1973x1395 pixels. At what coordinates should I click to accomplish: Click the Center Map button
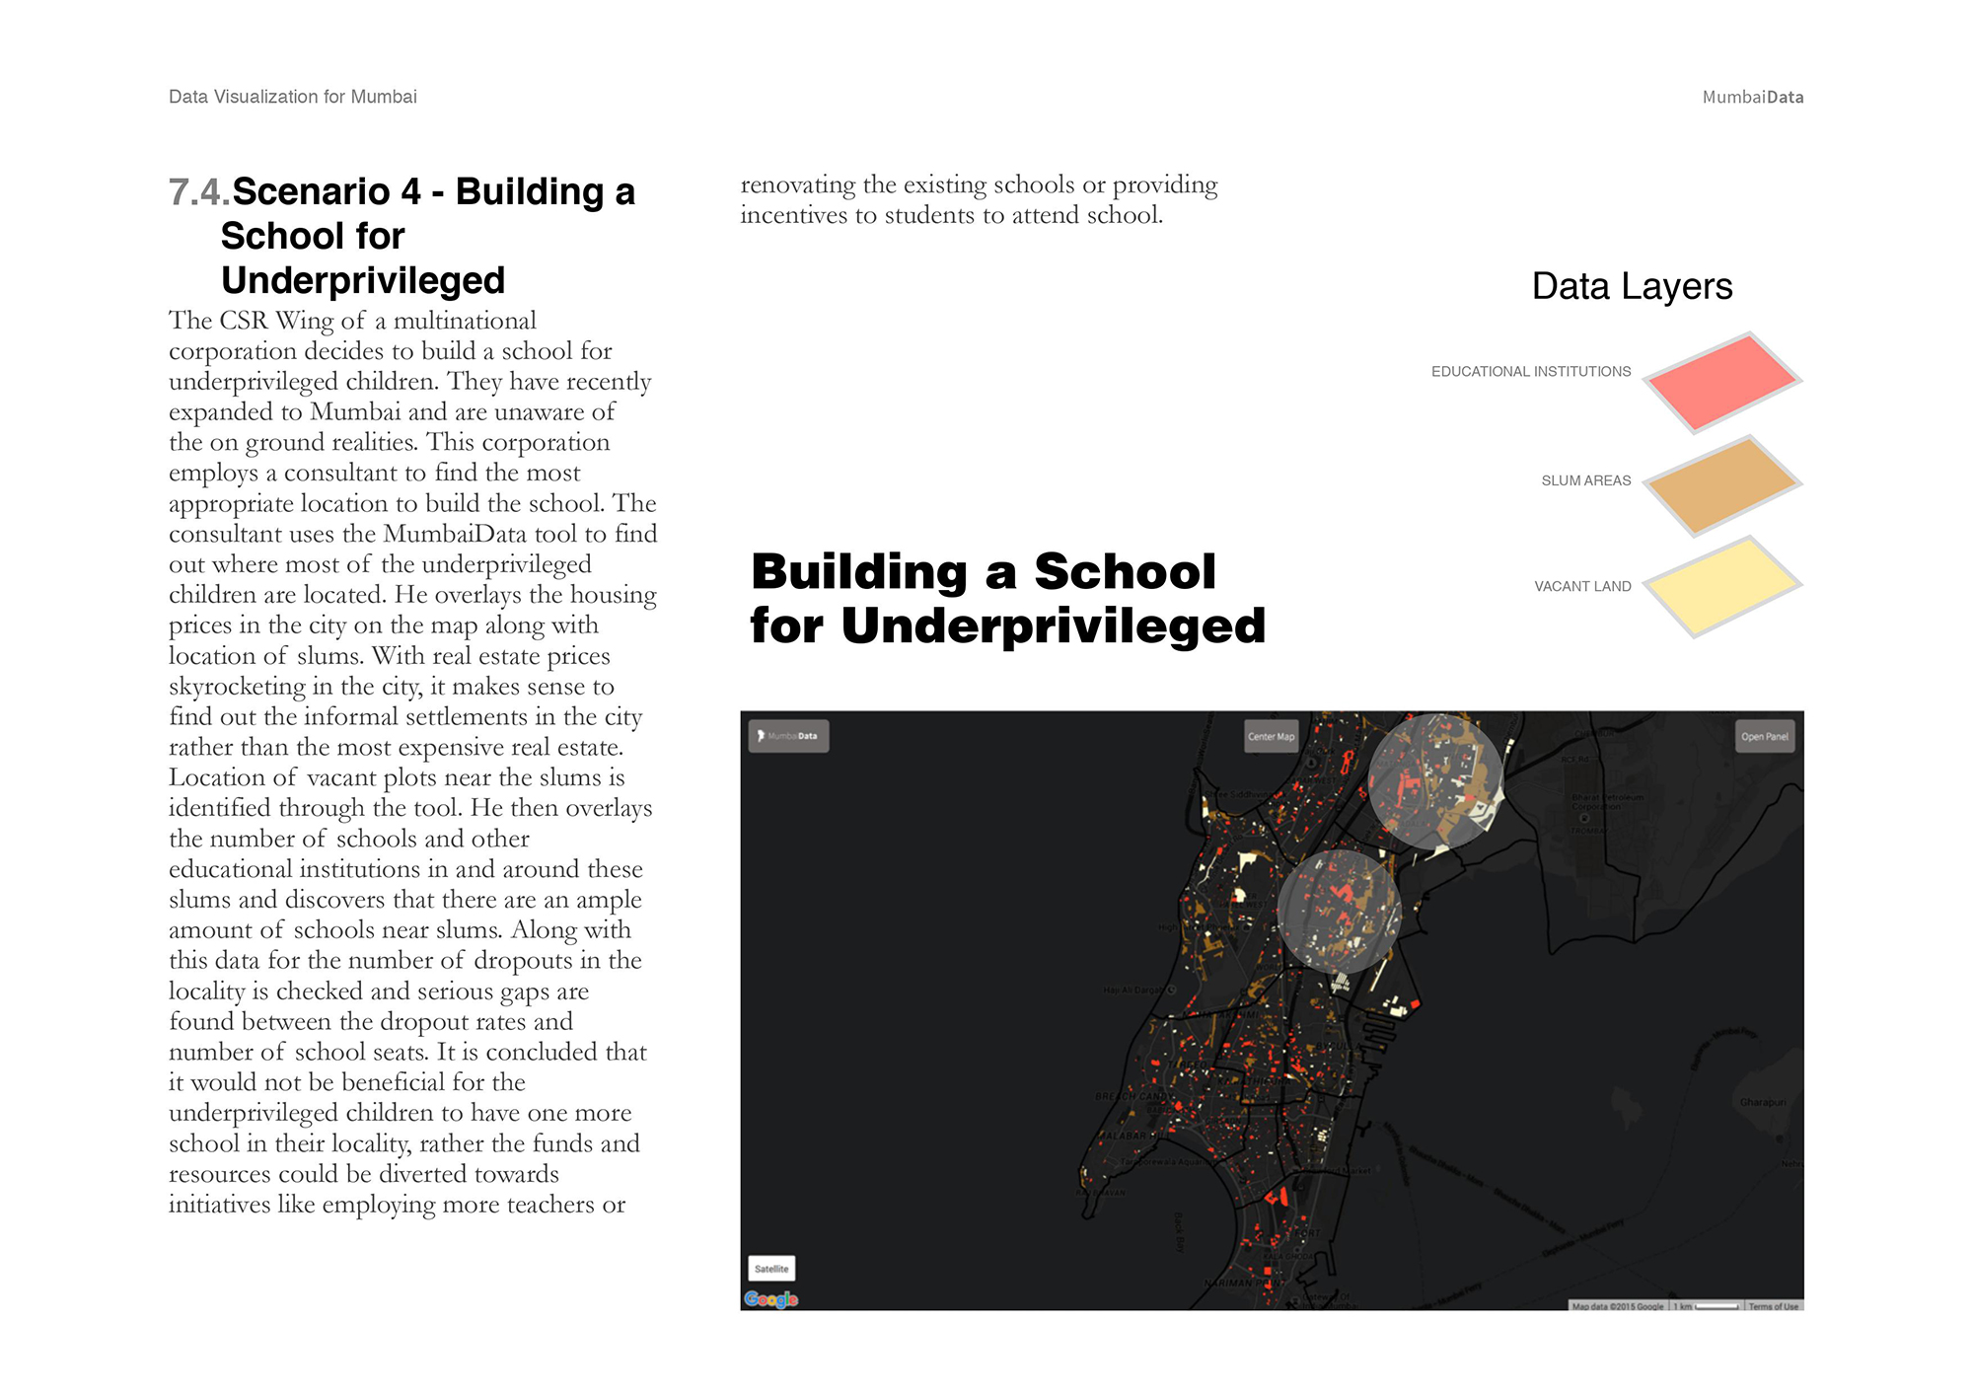pyautogui.click(x=1271, y=736)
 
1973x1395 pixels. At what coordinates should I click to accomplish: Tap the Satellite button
pyautogui.click(x=771, y=1269)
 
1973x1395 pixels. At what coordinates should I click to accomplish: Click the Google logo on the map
pyautogui.click(x=770, y=1299)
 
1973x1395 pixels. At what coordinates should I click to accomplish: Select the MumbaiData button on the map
pyautogui.click(x=788, y=736)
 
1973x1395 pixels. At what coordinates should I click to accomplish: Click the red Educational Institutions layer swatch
pyautogui.click(x=1722, y=383)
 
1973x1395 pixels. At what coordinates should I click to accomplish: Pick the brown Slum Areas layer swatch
pyautogui.click(x=1722, y=485)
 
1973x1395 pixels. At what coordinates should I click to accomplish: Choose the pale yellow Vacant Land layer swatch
pyautogui.click(x=1722, y=587)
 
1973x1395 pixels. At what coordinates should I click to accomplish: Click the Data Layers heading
pyautogui.click(x=1632, y=286)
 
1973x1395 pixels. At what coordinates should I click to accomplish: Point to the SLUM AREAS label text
pyautogui.click(x=1585, y=480)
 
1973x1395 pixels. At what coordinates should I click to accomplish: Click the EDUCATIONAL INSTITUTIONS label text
pyautogui.click(x=1530, y=372)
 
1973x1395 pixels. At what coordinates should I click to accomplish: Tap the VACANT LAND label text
pyautogui.click(x=1582, y=586)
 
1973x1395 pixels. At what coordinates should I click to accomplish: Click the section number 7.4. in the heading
pyautogui.click(x=198, y=192)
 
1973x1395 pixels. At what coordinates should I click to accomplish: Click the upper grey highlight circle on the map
pyautogui.click(x=1435, y=781)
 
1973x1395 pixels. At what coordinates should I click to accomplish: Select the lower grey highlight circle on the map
pyautogui.click(x=1339, y=912)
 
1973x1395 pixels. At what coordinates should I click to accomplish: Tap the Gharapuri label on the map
pyautogui.click(x=1762, y=1102)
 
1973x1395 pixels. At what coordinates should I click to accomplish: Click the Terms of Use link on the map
pyautogui.click(x=1774, y=1306)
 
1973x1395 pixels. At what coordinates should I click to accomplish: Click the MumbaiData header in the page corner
pyautogui.click(x=1752, y=98)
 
